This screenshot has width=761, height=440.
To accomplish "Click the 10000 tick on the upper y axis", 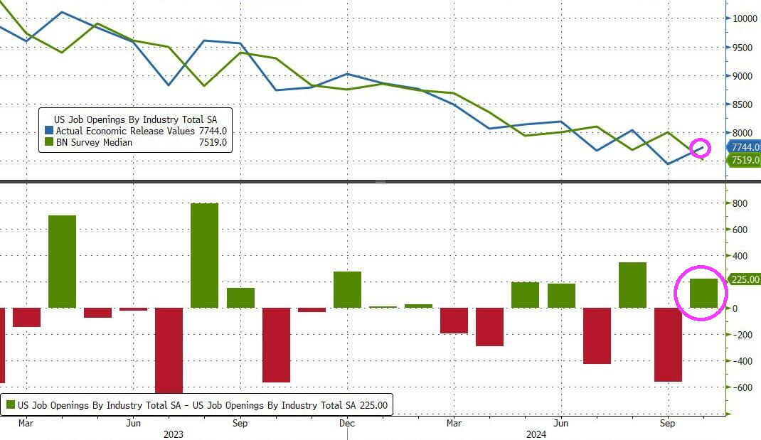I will [743, 18].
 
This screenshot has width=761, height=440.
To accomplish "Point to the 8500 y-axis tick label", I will [741, 104].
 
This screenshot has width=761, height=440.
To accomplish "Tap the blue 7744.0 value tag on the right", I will [743, 147].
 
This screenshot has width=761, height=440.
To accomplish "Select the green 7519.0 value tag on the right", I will [743, 161].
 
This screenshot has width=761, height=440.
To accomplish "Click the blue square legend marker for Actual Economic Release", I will [48, 131].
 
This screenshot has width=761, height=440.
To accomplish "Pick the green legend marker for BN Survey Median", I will [48, 142].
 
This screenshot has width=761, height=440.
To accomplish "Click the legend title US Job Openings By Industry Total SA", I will [135, 119].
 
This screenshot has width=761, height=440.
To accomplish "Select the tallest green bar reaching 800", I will [205, 255].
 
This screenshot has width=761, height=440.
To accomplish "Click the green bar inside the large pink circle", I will [703, 293].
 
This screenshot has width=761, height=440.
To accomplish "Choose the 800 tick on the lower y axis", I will [739, 203].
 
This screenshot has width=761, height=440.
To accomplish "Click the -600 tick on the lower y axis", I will [739, 387].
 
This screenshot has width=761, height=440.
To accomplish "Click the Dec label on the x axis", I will [347, 423].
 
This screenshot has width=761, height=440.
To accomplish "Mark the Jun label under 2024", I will [560, 423].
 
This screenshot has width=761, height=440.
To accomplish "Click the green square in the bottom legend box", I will [10, 405].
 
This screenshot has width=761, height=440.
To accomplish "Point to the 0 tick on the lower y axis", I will [735, 308].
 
